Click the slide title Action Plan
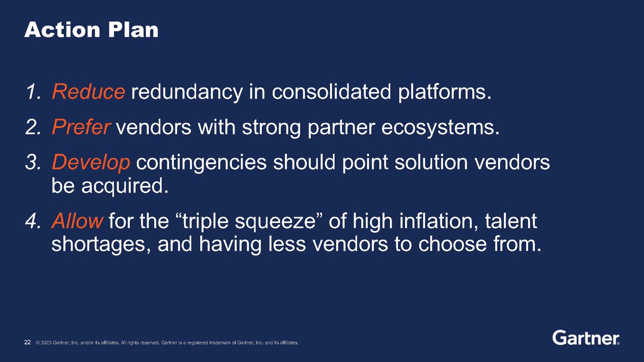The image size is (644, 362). (91, 30)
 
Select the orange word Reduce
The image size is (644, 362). (89, 93)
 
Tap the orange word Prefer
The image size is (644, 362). (82, 128)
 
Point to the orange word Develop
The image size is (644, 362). (91, 164)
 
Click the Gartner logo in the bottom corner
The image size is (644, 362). (586, 338)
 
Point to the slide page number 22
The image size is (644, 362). (27, 342)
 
